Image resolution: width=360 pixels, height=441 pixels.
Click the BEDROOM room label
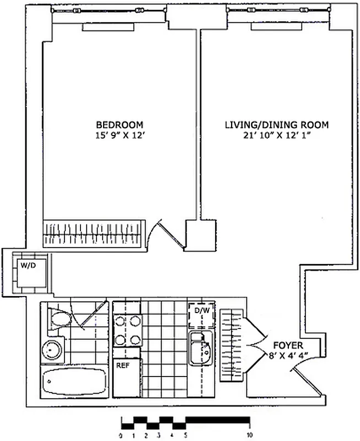point(120,124)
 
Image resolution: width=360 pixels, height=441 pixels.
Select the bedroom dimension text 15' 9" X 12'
point(120,134)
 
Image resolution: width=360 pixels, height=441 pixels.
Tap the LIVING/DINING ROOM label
point(276,125)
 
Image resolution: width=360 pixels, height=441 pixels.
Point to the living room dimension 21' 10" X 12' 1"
point(276,135)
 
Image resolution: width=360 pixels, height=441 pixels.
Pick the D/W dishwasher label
point(200,311)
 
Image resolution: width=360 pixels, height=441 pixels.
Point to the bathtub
point(73,381)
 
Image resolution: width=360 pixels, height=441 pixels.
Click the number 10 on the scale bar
point(250,434)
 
